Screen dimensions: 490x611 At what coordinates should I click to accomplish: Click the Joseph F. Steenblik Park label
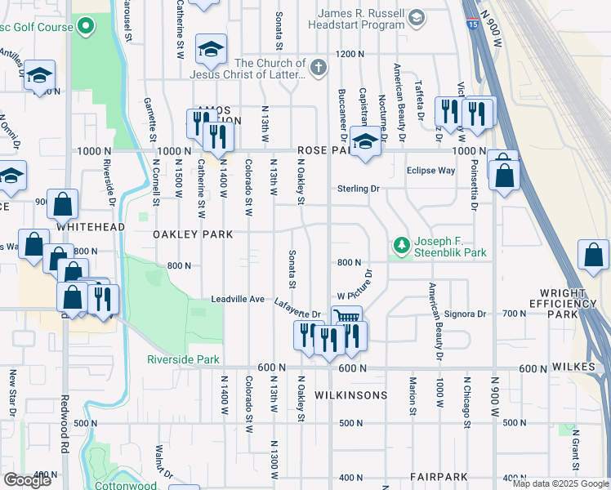coord(451,247)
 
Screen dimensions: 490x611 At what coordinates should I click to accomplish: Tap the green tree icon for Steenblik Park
coord(401,245)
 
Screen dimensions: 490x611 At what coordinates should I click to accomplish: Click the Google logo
coord(27,480)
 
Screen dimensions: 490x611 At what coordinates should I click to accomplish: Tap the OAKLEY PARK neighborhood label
coord(194,234)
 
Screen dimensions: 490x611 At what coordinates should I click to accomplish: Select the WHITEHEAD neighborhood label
coord(91,226)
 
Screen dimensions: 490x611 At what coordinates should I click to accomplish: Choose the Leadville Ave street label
coord(237,300)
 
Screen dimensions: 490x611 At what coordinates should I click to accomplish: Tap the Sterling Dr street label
coord(359,189)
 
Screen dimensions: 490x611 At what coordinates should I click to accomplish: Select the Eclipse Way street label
coord(430,171)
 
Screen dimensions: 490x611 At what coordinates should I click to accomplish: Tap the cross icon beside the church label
coord(319,69)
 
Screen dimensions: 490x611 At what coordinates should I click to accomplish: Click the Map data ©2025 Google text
coord(560,483)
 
